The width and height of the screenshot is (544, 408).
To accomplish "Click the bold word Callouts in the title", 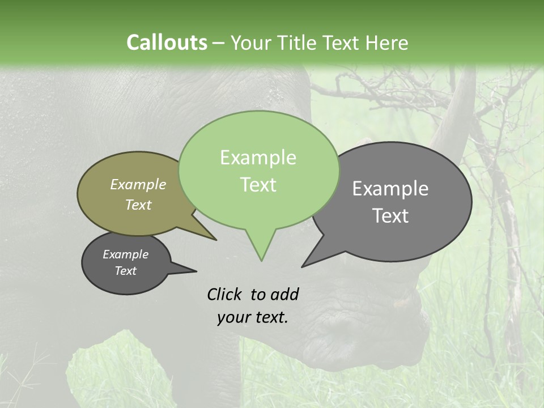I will click(167, 42).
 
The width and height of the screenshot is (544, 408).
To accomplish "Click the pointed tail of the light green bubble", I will click(261, 252).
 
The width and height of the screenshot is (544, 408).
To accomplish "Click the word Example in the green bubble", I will click(258, 158).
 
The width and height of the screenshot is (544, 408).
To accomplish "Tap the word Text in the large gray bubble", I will click(390, 216).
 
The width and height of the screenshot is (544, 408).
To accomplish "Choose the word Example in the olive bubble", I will click(138, 185).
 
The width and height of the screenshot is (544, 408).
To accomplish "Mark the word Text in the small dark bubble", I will click(126, 271).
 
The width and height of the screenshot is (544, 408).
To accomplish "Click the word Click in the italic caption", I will click(224, 294).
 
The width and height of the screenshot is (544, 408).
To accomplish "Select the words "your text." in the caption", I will click(252, 317).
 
